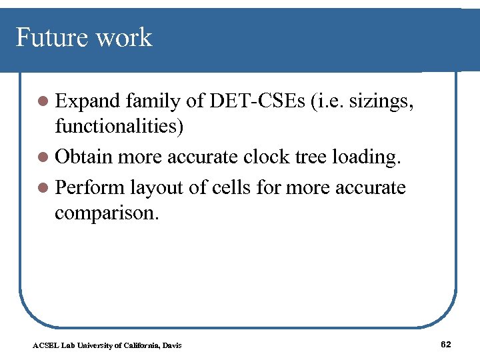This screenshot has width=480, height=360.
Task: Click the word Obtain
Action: coord(83,157)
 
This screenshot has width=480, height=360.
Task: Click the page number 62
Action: coord(447,344)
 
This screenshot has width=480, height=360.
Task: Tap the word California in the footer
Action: coord(141,345)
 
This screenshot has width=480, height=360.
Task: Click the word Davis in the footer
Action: coord(171,345)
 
